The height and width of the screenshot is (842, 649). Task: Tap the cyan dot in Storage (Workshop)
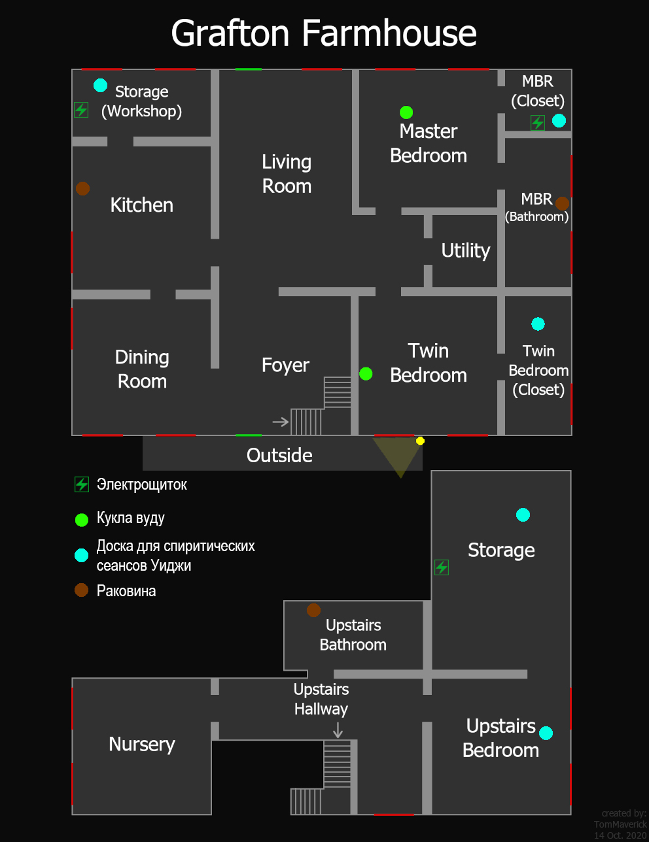[x=100, y=86]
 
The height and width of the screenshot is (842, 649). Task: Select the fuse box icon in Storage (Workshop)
[x=81, y=109]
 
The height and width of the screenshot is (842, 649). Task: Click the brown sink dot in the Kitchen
[x=82, y=188]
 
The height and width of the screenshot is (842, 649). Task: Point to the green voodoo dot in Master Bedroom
[x=406, y=112]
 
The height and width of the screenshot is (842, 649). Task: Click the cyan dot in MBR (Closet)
[x=559, y=120]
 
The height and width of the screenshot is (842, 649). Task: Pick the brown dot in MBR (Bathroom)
[x=562, y=203]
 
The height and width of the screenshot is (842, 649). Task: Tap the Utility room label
[x=465, y=250]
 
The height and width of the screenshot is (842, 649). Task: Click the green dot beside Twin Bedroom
[x=366, y=373]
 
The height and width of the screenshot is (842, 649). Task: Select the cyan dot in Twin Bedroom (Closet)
[x=538, y=324]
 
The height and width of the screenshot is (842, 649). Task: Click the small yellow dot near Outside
[x=420, y=441]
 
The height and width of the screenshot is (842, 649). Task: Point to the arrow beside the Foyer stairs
[x=281, y=422]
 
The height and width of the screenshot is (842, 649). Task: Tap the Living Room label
[x=287, y=174]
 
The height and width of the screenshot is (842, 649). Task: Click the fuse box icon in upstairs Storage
[x=442, y=567]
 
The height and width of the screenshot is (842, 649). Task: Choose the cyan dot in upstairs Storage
[x=523, y=514]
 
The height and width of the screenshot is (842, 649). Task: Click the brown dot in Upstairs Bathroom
[x=313, y=610]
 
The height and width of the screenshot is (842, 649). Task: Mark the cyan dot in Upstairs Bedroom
[x=546, y=733]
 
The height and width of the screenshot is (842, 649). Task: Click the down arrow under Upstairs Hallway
[x=338, y=730]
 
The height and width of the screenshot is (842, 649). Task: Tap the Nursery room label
[x=142, y=744]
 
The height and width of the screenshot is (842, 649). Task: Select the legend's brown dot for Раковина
[x=81, y=590]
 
